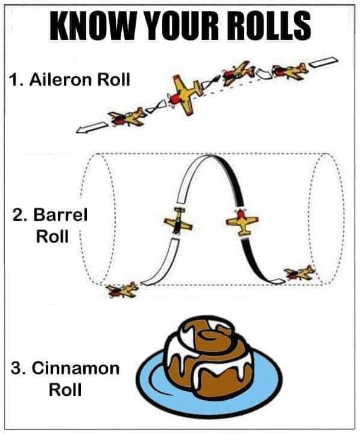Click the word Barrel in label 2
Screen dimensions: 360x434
coord(60,214)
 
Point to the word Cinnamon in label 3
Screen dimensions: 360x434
coord(76,368)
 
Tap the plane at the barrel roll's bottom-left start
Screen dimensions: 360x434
coord(123,290)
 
